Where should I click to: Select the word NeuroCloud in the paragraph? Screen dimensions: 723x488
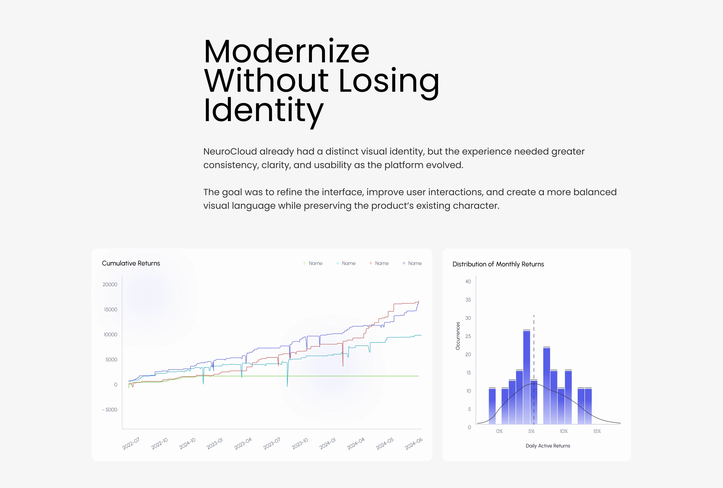(230, 151)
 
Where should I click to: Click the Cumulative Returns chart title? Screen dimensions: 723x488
(131, 263)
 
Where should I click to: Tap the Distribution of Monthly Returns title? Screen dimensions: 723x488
(498, 264)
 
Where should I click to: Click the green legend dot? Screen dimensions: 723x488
(304, 263)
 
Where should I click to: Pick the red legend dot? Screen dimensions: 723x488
(371, 263)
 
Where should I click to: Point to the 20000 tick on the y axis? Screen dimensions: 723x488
(110, 284)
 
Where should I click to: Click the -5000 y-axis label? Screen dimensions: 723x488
(110, 410)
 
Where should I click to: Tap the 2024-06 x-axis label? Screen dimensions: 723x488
(413, 443)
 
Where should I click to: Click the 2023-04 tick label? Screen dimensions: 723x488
(243, 443)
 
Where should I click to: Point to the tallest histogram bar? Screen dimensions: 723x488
(526, 377)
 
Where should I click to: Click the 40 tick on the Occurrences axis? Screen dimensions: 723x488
(468, 282)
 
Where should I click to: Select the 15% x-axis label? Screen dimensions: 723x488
(597, 431)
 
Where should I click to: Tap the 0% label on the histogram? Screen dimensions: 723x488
(499, 431)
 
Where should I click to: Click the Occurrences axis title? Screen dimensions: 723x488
(458, 336)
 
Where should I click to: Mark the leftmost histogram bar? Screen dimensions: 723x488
(492, 406)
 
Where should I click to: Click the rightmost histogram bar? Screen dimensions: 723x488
(588, 406)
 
